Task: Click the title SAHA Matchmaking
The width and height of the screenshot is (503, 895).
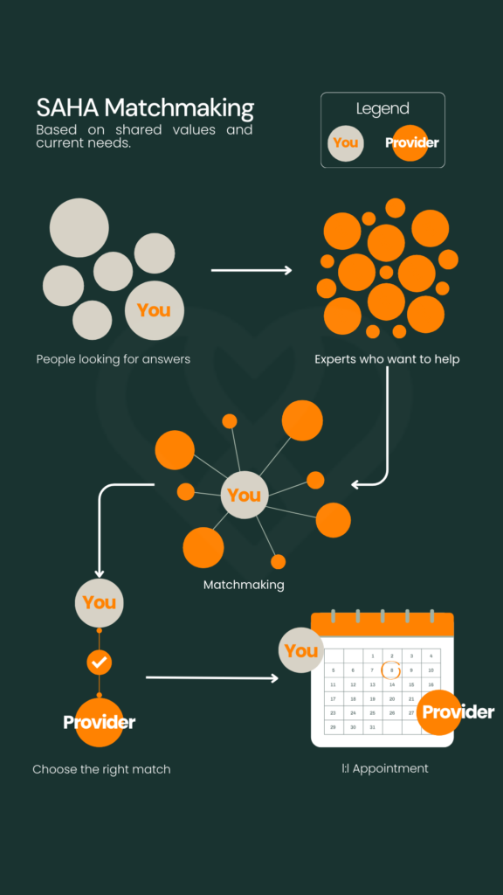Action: [x=145, y=108]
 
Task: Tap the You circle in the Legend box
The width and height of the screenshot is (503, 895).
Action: [x=346, y=142]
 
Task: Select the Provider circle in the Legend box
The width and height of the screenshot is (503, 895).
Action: [x=411, y=142]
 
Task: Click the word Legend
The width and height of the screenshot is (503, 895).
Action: [x=382, y=108]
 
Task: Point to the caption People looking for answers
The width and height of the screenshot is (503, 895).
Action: [x=113, y=359]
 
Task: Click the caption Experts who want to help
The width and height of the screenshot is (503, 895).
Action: [x=387, y=359]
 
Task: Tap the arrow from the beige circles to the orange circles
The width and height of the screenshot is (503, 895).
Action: [x=251, y=270]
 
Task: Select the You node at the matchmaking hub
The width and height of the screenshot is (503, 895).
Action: [x=245, y=495]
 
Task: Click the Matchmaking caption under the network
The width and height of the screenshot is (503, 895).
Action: [x=244, y=585]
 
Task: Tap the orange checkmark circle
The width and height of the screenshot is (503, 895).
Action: [x=100, y=663]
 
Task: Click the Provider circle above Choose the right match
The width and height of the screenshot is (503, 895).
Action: [x=100, y=723]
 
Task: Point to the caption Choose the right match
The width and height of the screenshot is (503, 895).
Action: [x=101, y=769]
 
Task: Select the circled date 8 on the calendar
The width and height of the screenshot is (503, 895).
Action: [x=392, y=670]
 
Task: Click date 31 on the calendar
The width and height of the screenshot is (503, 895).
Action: [x=372, y=727]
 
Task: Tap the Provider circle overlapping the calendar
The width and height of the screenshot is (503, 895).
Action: [x=440, y=711]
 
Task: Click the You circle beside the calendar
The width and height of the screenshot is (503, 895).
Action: [x=301, y=650]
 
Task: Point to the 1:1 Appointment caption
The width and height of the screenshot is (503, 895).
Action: [x=385, y=768]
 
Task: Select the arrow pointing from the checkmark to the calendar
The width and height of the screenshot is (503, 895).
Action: [x=212, y=677]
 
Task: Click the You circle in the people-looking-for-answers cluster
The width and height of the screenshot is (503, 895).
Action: [x=155, y=310]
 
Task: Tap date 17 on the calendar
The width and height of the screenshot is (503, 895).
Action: [x=333, y=698]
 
